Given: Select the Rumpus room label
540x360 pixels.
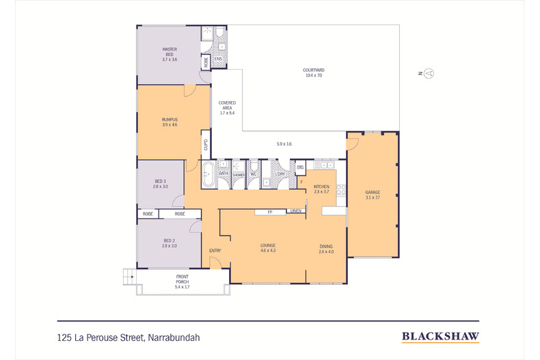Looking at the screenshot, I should (170, 122).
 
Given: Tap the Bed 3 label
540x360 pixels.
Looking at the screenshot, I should (160, 183).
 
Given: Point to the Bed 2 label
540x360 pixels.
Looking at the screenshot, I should (170, 243).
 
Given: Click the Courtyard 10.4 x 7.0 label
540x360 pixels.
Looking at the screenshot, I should (314, 72).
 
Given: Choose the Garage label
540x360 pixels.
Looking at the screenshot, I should (372, 195).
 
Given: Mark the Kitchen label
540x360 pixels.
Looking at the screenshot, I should (321, 189).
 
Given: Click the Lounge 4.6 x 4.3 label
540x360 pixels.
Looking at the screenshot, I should (267, 248).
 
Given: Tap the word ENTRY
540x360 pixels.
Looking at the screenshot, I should (215, 251).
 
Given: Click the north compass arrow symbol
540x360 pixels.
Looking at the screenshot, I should (429, 73).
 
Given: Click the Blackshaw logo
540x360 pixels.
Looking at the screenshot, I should (440, 336).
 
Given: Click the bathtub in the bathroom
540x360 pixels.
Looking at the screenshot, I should (207, 174).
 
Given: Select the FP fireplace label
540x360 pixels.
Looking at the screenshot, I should (270, 212).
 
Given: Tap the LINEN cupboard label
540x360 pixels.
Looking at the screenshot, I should (295, 211).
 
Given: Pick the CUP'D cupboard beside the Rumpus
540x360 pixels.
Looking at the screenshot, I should (205, 145).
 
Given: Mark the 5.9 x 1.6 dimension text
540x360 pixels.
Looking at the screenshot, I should (284, 144).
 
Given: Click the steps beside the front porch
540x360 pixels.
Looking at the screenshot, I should (128, 276).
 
